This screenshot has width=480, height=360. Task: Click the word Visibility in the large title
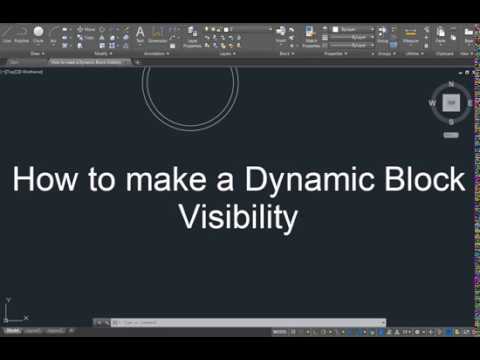tap(239, 217)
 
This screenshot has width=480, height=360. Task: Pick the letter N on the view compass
tap(451, 85)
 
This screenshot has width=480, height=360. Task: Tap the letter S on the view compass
tap(451, 120)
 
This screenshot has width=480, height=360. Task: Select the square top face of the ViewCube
tap(451, 102)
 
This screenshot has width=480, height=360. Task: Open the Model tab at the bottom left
tap(13, 331)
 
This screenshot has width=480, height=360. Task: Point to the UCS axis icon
tap(9, 307)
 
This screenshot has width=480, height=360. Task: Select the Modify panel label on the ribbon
tap(101, 53)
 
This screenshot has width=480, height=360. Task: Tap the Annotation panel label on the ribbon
tap(155, 53)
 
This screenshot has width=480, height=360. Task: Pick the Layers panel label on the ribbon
tap(225, 53)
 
